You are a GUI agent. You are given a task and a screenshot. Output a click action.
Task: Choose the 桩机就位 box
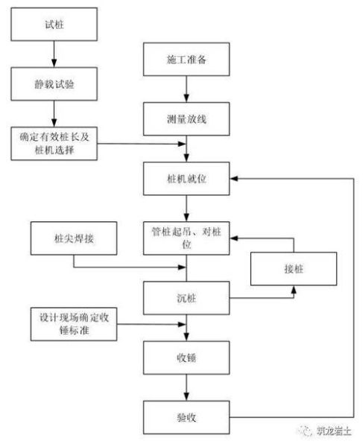point(186,179)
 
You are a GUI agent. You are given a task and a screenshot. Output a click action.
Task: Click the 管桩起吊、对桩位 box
point(186,237)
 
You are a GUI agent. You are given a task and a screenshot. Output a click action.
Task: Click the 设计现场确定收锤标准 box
point(72,322)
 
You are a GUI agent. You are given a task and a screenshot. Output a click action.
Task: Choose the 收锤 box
point(186,356)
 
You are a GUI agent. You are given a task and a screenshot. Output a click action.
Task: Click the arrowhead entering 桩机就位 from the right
point(234,179)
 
